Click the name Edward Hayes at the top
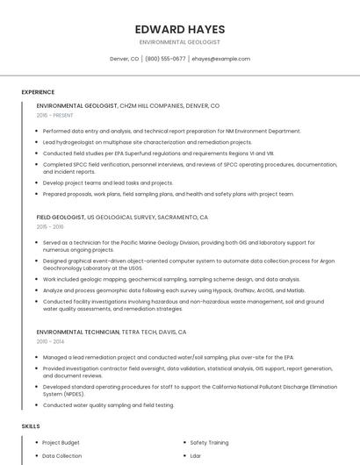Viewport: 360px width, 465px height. [x=179, y=29]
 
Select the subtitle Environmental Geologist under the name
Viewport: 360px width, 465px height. [x=179, y=42]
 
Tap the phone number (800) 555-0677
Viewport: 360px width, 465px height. [x=165, y=59]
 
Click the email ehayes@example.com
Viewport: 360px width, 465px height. [x=220, y=59]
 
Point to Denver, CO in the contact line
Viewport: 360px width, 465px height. [x=124, y=59]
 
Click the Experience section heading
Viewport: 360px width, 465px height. [x=38, y=92]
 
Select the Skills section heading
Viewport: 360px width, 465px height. [x=31, y=426]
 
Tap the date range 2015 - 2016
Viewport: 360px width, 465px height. [x=50, y=226]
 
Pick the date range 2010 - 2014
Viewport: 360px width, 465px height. [x=50, y=341]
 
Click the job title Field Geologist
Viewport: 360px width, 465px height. [x=60, y=217]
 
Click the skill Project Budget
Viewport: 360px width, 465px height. [x=61, y=443]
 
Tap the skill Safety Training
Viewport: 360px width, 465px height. [x=209, y=443]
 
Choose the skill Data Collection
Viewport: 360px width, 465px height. [x=61, y=456]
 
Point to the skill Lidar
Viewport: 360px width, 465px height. [x=196, y=456]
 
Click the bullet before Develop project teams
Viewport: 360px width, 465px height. [x=37, y=183]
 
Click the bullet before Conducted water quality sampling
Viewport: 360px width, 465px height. [x=37, y=405]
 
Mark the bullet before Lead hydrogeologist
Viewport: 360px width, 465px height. [x=37, y=142]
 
